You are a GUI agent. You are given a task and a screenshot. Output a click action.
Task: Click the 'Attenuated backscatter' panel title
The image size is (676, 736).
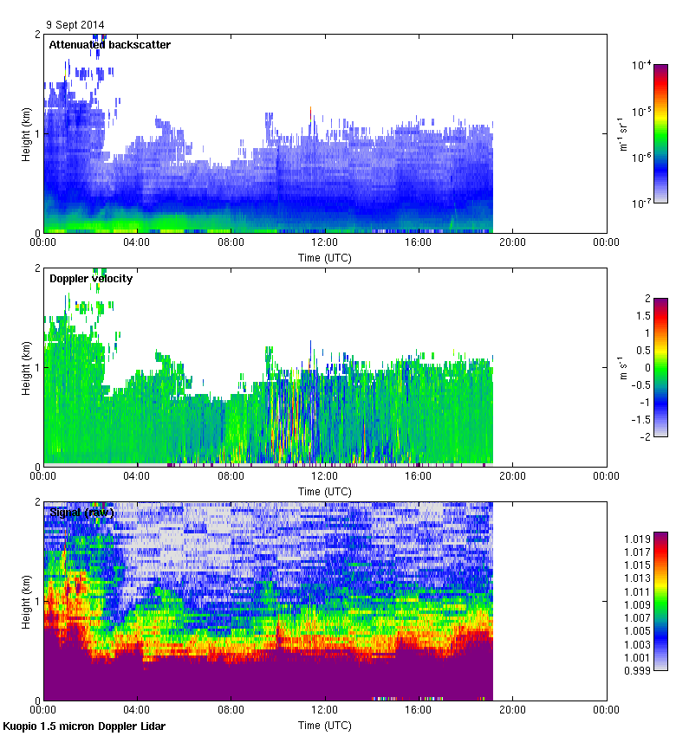click(x=109, y=44)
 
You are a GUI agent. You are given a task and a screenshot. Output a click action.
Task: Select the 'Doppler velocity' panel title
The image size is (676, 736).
click(x=91, y=278)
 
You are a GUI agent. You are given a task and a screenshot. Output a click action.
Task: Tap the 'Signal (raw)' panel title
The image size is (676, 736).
click(x=81, y=512)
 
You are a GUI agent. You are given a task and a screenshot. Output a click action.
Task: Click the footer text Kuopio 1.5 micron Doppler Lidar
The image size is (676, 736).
click(x=84, y=726)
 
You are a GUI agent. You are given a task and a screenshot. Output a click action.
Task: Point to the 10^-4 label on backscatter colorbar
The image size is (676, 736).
click(x=642, y=65)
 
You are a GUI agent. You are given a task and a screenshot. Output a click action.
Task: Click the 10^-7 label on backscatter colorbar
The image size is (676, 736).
click(x=642, y=203)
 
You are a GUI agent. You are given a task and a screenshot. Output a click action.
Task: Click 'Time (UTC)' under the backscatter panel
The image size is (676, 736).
click(x=325, y=257)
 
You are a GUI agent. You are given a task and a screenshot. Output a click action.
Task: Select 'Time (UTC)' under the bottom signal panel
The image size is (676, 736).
click(x=325, y=724)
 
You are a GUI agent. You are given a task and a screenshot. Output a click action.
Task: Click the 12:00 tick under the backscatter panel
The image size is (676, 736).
click(x=325, y=243)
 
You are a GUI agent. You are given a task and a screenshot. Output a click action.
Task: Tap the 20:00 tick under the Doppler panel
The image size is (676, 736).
click(x=512, y=476)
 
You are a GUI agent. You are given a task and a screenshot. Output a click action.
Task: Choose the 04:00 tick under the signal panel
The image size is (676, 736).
click(x=137, y=710)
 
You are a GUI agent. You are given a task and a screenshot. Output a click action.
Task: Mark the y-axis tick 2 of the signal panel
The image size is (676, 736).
click(x=36, y=502)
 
